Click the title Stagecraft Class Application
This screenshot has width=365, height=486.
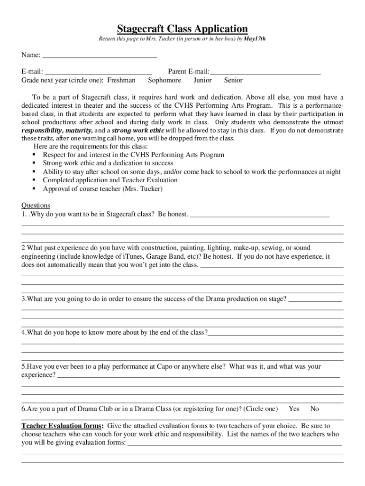[x=182, y=28]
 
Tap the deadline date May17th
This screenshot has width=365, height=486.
[x=255, y=38]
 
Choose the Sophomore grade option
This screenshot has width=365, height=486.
[x=164, y=80]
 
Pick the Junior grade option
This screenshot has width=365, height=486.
[x=202, y=80]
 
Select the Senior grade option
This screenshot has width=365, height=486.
[x=233, y=80]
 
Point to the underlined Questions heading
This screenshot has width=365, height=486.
[x=36, y=206]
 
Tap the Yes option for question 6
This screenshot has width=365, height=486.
[x=294, y=409]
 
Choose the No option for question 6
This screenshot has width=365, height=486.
[x=314, y=409]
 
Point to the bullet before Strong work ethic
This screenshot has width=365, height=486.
[x=34, y=163]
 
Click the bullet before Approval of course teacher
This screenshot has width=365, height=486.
[x=34, y=189]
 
